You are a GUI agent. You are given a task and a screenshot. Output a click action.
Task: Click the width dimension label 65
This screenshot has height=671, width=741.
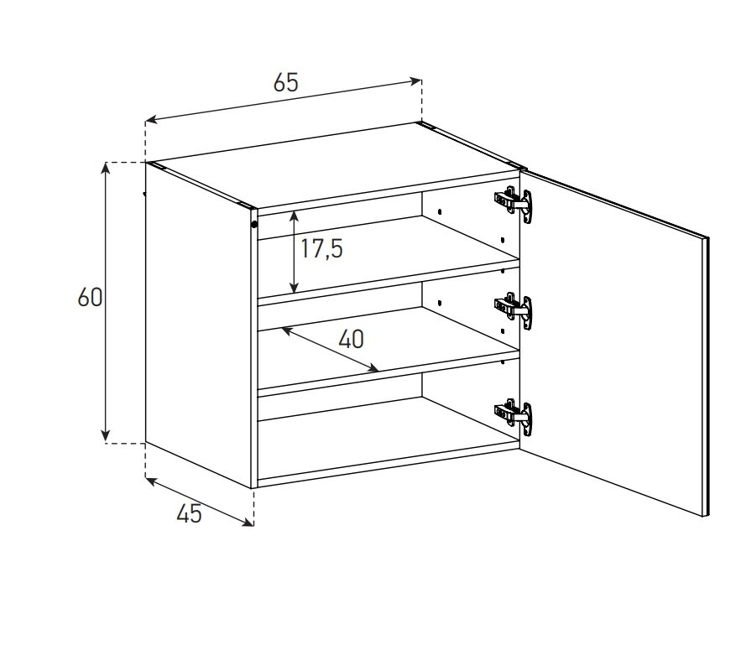286,83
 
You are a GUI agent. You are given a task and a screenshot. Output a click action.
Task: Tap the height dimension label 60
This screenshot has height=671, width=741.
90,298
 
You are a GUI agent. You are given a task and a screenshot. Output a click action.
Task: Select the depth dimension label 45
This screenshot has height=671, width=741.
189,513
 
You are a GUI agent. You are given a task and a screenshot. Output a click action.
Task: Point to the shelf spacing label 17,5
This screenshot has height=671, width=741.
321,248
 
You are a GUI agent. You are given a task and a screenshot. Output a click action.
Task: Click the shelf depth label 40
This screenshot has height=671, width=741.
351,339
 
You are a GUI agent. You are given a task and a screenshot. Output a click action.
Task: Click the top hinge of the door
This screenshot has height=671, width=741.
514,204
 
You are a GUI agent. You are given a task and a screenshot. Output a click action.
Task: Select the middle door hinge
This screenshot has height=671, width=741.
514,310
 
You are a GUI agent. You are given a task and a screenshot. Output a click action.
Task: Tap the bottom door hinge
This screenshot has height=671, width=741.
514,417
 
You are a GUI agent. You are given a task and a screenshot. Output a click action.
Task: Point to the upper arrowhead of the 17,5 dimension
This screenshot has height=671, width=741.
294,216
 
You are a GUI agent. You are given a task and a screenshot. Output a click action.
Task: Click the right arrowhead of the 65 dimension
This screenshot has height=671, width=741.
416,81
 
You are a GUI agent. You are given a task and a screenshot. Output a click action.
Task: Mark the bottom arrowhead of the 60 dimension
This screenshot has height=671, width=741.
106,436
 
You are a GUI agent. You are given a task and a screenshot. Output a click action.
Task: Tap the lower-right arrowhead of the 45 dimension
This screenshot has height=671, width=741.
248,522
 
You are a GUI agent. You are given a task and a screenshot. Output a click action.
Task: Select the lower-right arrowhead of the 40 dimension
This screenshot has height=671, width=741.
373,368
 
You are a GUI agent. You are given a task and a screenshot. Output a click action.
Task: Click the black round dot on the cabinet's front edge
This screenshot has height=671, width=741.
254,224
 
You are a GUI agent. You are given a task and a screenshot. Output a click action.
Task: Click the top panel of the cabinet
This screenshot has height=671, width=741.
336,165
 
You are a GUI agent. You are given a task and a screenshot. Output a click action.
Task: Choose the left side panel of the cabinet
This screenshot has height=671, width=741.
199,324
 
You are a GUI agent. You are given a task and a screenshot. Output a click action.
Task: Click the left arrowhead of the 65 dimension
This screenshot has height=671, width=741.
152,120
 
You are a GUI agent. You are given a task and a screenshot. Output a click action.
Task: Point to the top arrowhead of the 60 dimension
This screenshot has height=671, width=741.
106,169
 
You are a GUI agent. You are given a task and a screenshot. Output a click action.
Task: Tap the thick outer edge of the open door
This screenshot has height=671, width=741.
707,377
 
